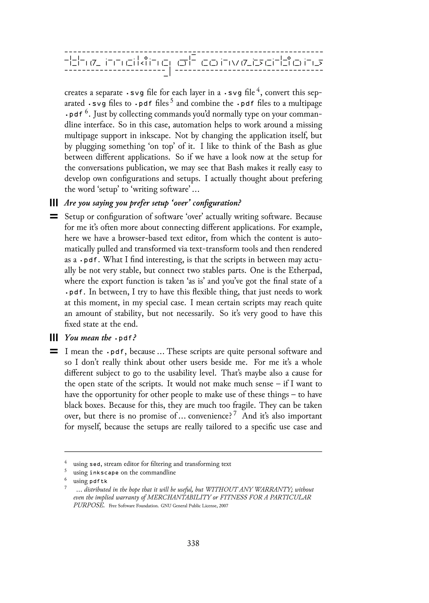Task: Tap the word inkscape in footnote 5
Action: pyautogui.click(x=104, y=473)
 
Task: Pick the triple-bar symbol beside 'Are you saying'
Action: pyautogui.click(x=54, y=203)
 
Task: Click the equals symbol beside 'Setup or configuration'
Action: pyautogui.click(x=54, y=217)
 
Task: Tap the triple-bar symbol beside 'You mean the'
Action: pyautogui.click(x=54, y=338)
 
